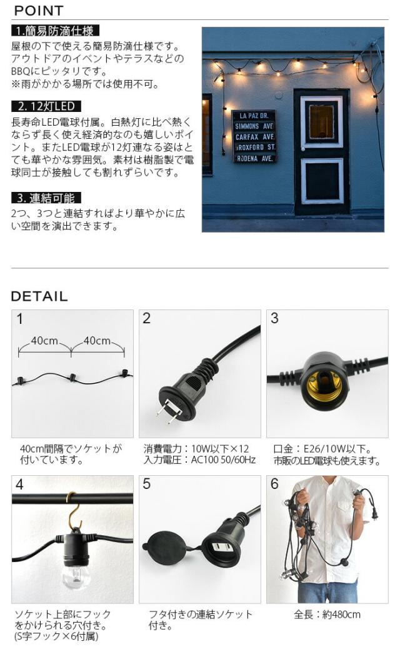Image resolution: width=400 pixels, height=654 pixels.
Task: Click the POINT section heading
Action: point(39,11)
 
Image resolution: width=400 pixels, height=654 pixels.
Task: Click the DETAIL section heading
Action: point(39,296)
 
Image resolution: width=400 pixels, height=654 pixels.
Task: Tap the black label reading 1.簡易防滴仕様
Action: point(56,31)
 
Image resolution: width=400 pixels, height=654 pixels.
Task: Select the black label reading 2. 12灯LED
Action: point(46,106)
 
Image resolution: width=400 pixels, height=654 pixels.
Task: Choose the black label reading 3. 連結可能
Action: point(46,198)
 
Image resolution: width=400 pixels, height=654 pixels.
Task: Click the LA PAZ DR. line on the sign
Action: point(254,116)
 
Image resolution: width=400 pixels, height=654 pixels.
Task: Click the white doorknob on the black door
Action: point(304,149)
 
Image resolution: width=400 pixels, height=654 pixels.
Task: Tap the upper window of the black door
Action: point(322,122)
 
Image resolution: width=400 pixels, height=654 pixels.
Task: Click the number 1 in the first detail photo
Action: point(19,319)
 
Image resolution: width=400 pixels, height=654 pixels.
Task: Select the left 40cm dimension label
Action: point(44,341)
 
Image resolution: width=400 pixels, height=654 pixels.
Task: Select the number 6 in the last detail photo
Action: point(274,484)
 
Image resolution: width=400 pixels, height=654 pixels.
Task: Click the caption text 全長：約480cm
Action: point(327,615)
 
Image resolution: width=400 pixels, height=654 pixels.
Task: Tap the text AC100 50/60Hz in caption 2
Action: point(223,460)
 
